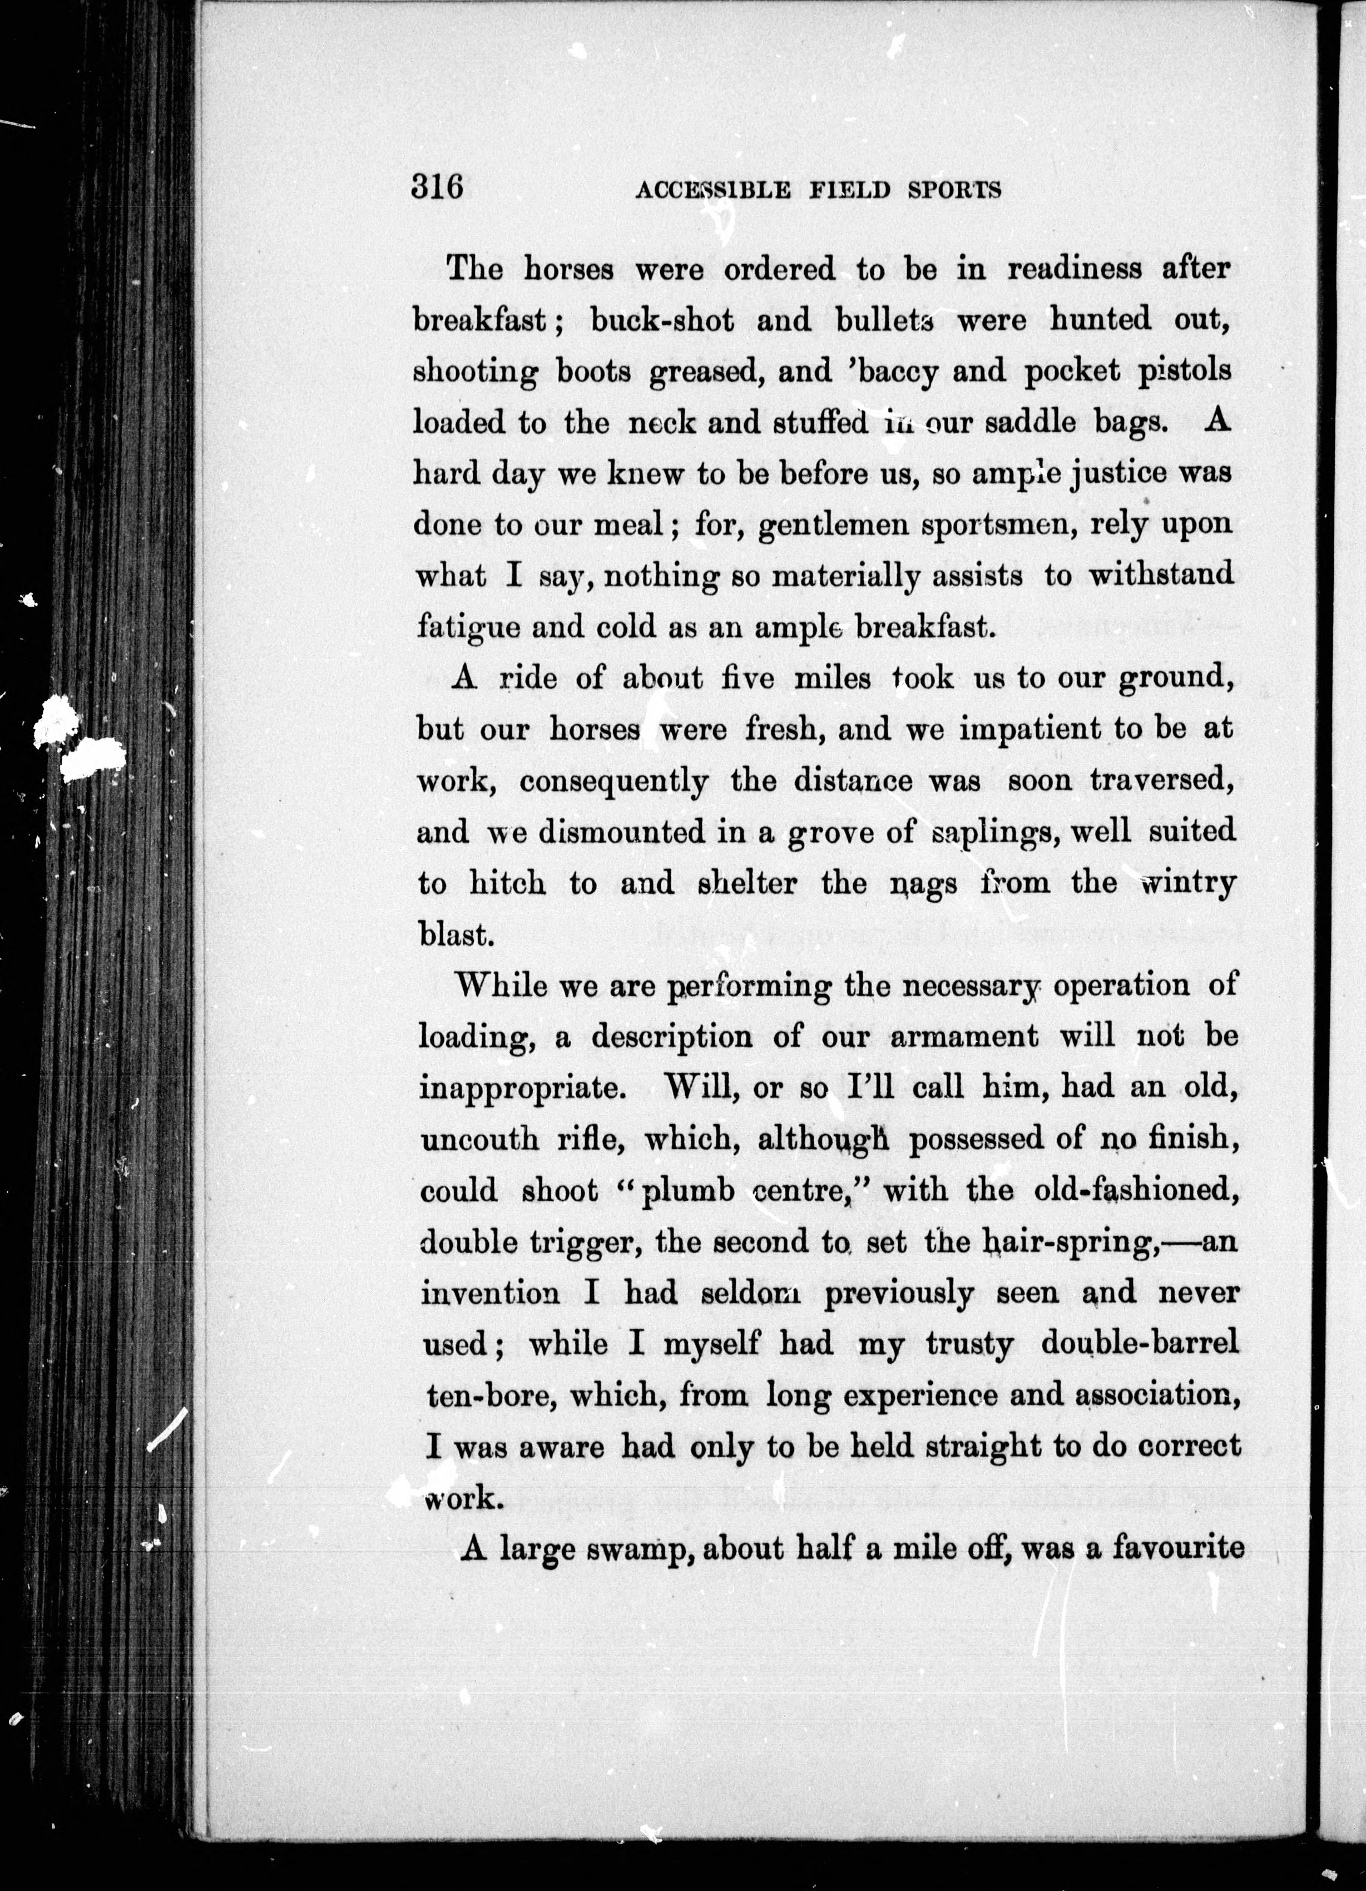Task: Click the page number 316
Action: [x=436, y=187]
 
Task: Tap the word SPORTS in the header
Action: [x=953, y=191]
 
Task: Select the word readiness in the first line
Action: [x=1074, y=269]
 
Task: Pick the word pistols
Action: [x=1184, y=371]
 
